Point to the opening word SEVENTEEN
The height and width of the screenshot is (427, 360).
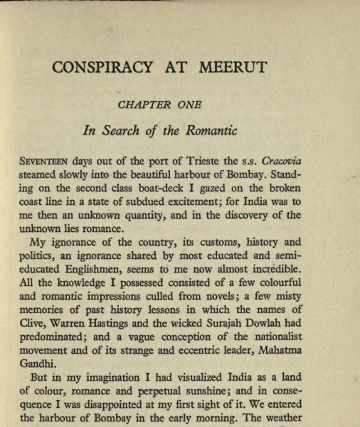[69, 159]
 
